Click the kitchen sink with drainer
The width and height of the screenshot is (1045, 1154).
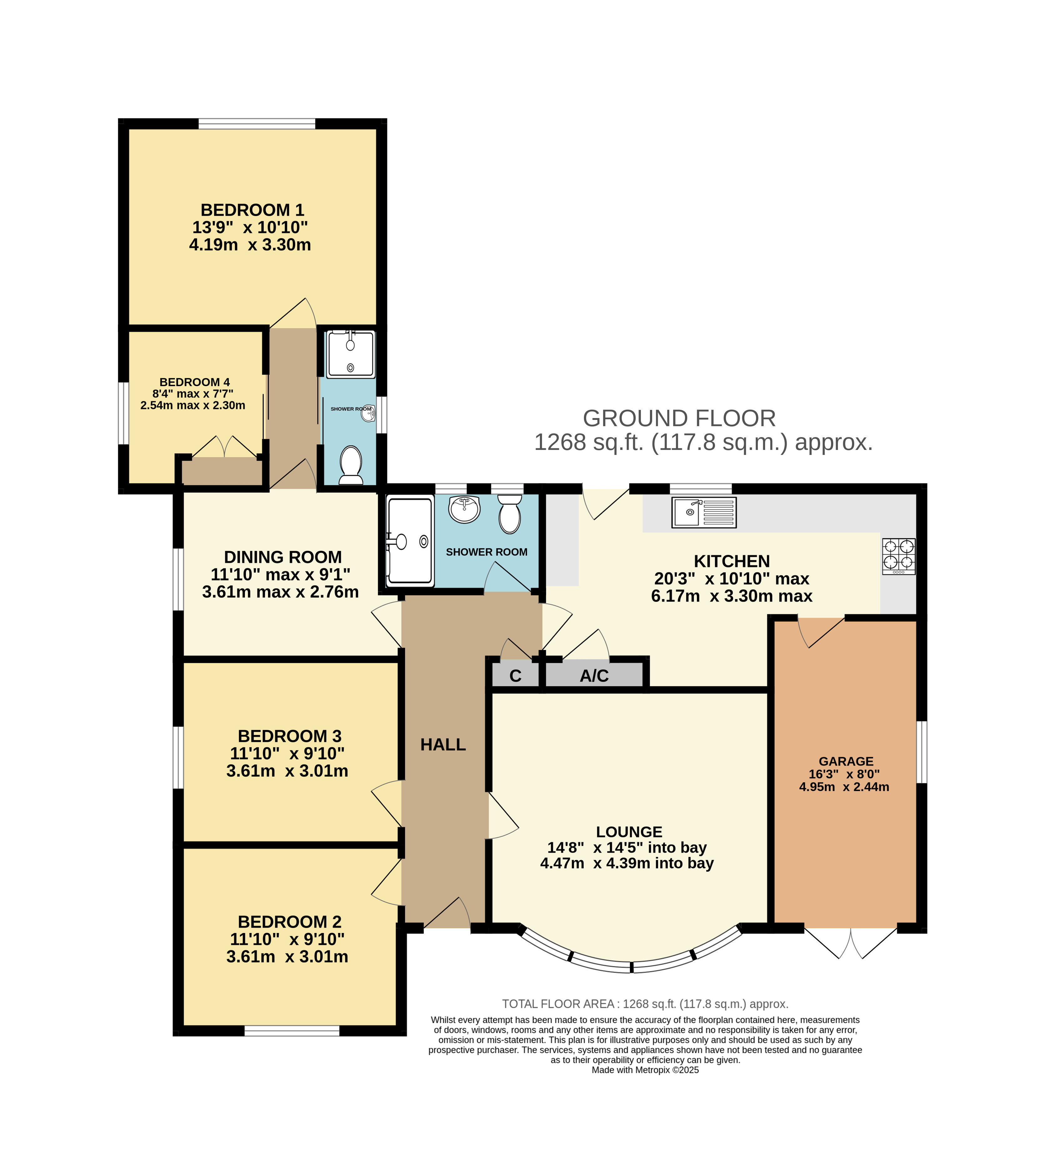coord(703,512)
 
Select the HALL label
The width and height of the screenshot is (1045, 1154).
coord(443,744)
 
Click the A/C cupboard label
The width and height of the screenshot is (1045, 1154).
coord(594,675)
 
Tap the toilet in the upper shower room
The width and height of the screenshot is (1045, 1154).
coord(350,465)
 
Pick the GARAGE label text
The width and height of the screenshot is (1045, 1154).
coord(846,761)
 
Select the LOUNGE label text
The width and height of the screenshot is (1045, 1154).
coord(629,831)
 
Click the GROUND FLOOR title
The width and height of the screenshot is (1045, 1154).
coord(679,418)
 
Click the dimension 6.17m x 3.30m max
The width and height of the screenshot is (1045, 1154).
coord(731,596)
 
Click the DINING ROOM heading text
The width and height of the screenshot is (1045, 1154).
coord(282,557)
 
